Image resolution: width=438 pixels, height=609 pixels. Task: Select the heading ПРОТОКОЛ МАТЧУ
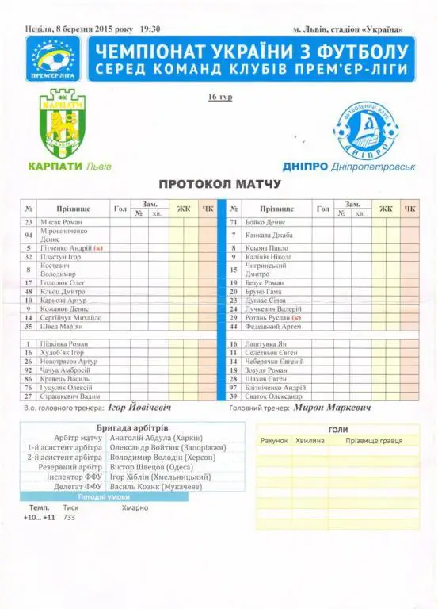(219, 184)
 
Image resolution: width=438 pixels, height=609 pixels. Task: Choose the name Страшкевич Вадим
(70, 396)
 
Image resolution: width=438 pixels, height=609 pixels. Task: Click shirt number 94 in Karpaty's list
(29, 235)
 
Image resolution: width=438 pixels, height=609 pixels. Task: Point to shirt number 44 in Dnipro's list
(234, 326)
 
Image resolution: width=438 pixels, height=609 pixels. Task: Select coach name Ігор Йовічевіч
(139, 410)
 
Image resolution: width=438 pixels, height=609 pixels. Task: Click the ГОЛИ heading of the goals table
(337, 429)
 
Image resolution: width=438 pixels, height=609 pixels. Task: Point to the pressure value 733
(71, 517)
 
